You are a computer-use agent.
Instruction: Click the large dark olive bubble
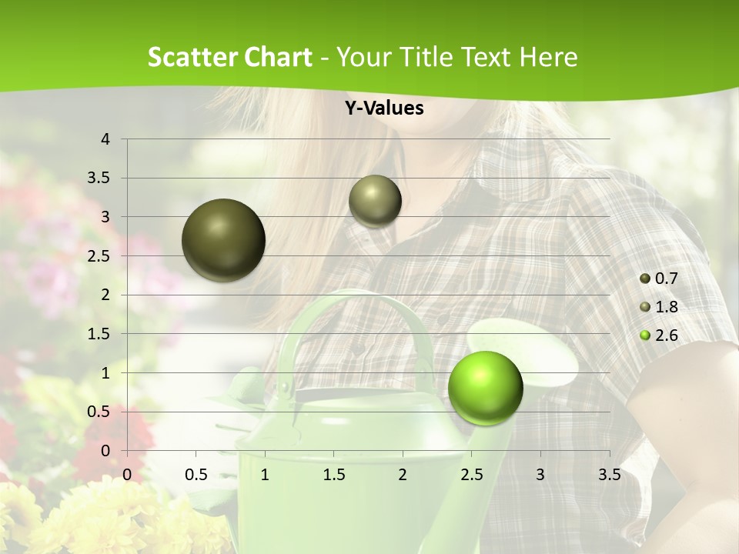223,240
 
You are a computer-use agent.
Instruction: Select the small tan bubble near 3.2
375,201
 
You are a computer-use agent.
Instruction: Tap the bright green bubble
485,388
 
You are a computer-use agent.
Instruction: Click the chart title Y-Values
383,108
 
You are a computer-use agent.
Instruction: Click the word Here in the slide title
547,57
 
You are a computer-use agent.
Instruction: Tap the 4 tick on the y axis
106,139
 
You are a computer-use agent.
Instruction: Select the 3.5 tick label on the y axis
100,178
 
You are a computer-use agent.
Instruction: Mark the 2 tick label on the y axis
106,295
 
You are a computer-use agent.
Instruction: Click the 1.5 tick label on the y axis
100,334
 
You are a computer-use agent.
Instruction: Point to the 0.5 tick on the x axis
196,475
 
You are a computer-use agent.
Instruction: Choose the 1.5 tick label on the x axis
333,475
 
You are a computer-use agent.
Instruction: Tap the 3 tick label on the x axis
540,475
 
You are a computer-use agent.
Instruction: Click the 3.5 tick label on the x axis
609,475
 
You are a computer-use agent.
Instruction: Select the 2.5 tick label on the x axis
471,475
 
